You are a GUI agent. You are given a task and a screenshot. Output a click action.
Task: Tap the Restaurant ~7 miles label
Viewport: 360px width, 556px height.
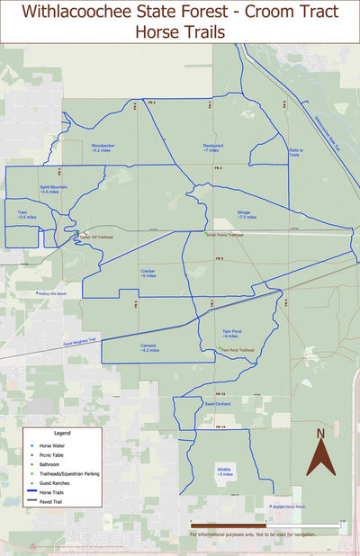click(212, 147)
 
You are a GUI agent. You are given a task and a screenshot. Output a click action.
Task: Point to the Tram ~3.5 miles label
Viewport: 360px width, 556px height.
click(27, 214)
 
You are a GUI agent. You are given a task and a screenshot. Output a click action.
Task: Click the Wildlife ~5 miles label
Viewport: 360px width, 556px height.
click(224, 471)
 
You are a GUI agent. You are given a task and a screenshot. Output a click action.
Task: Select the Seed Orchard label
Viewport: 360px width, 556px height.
click(217, 404)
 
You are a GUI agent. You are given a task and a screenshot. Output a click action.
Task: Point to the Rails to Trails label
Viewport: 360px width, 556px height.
click(294, 153)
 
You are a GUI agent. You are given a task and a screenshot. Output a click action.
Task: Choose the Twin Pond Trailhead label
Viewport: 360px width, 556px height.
click(237, 350)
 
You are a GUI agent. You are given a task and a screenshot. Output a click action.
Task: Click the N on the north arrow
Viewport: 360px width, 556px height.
click(319, 435)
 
